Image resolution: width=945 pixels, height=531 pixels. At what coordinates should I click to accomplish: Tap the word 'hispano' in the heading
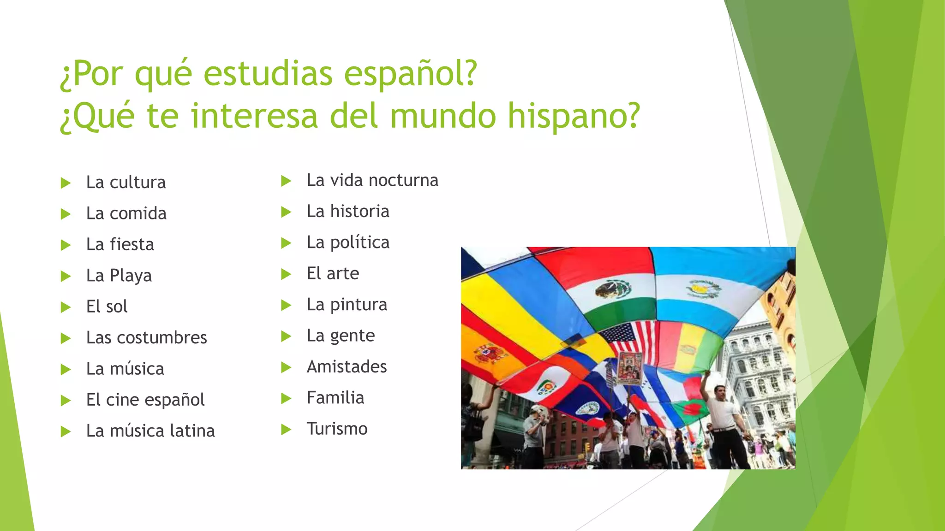[x=574, y=116]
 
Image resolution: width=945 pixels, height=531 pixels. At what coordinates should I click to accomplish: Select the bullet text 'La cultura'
[x=126, y=183]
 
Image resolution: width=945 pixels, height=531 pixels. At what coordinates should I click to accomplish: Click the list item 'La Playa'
[x=119, y=276]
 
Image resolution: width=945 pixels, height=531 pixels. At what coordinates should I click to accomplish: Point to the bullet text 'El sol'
[x=107, y=307]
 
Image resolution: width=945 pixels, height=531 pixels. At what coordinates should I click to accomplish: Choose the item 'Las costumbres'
[x=146, y=337]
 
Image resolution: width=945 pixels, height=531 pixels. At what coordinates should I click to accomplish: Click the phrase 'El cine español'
[x=145, y=400]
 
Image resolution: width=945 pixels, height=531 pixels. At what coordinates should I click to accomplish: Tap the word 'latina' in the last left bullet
[x=192, y=431]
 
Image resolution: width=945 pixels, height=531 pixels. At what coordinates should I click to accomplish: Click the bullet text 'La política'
[x=348, y=242]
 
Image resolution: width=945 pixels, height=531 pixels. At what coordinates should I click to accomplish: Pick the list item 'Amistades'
[x=347, y=366]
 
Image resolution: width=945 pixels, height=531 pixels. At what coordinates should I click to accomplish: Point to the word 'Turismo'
[x=337, y=429]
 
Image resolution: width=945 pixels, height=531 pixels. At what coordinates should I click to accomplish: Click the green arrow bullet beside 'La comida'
[x=66, y=214]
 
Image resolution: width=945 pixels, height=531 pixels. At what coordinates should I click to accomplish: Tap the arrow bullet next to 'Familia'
[x=286, y=398]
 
